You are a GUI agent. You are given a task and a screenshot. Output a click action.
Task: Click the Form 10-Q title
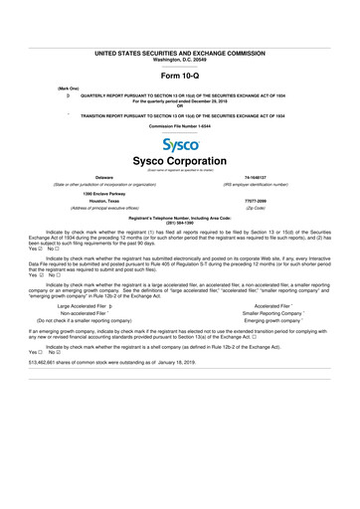point(180,78)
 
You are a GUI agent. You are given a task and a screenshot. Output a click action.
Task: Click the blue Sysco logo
point(180,145)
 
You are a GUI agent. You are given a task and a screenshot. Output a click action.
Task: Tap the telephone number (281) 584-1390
point(180,223)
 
